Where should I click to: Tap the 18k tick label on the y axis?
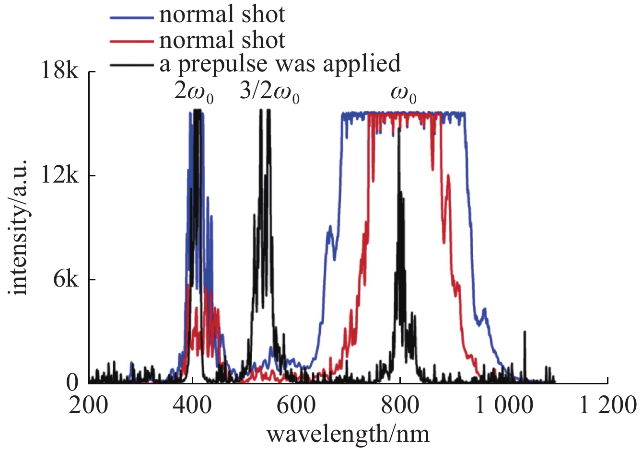58,72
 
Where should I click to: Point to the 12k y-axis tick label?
58,176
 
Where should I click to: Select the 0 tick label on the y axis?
72,382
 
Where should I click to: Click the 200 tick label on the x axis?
89,405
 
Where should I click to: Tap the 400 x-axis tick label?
193,405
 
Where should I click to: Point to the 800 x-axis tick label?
400,405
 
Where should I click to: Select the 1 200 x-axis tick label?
607,405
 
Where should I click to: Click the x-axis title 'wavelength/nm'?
348,434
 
